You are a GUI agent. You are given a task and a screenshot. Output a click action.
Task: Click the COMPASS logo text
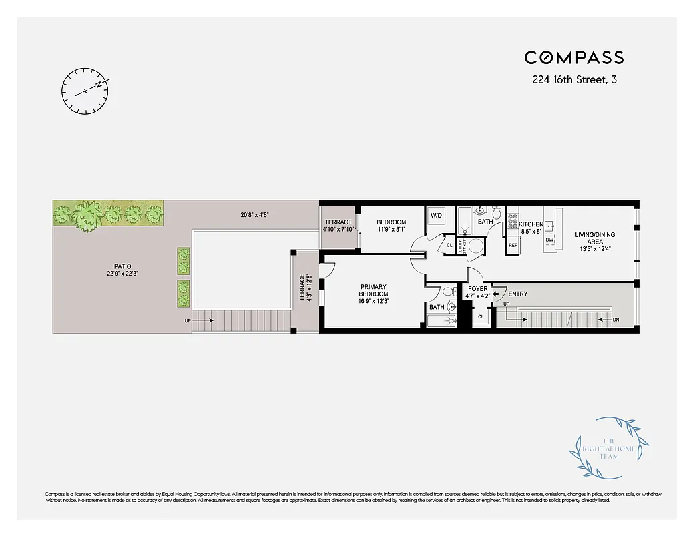coord(574,58)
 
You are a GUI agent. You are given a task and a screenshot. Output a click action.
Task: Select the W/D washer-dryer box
coord(437,216)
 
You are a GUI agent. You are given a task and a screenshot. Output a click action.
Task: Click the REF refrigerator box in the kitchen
coord(513,245)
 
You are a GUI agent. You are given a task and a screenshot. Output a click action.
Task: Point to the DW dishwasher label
coord(549,240)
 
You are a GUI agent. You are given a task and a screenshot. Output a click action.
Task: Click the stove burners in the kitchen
coord(513,220)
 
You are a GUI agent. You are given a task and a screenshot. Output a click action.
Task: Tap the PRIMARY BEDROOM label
coord(373,290)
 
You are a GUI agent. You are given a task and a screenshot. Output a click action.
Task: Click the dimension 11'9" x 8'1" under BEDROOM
coord(391,230)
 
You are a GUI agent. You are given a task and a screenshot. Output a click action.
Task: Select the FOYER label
coord(478,289)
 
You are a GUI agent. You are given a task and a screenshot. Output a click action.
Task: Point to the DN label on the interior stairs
coord(616,320)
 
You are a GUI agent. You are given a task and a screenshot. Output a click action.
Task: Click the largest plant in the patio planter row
coord(87,215)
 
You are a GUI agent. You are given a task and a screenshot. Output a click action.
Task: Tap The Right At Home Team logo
coord(609,447)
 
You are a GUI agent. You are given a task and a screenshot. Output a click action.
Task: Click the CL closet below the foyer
coord(481,316)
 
